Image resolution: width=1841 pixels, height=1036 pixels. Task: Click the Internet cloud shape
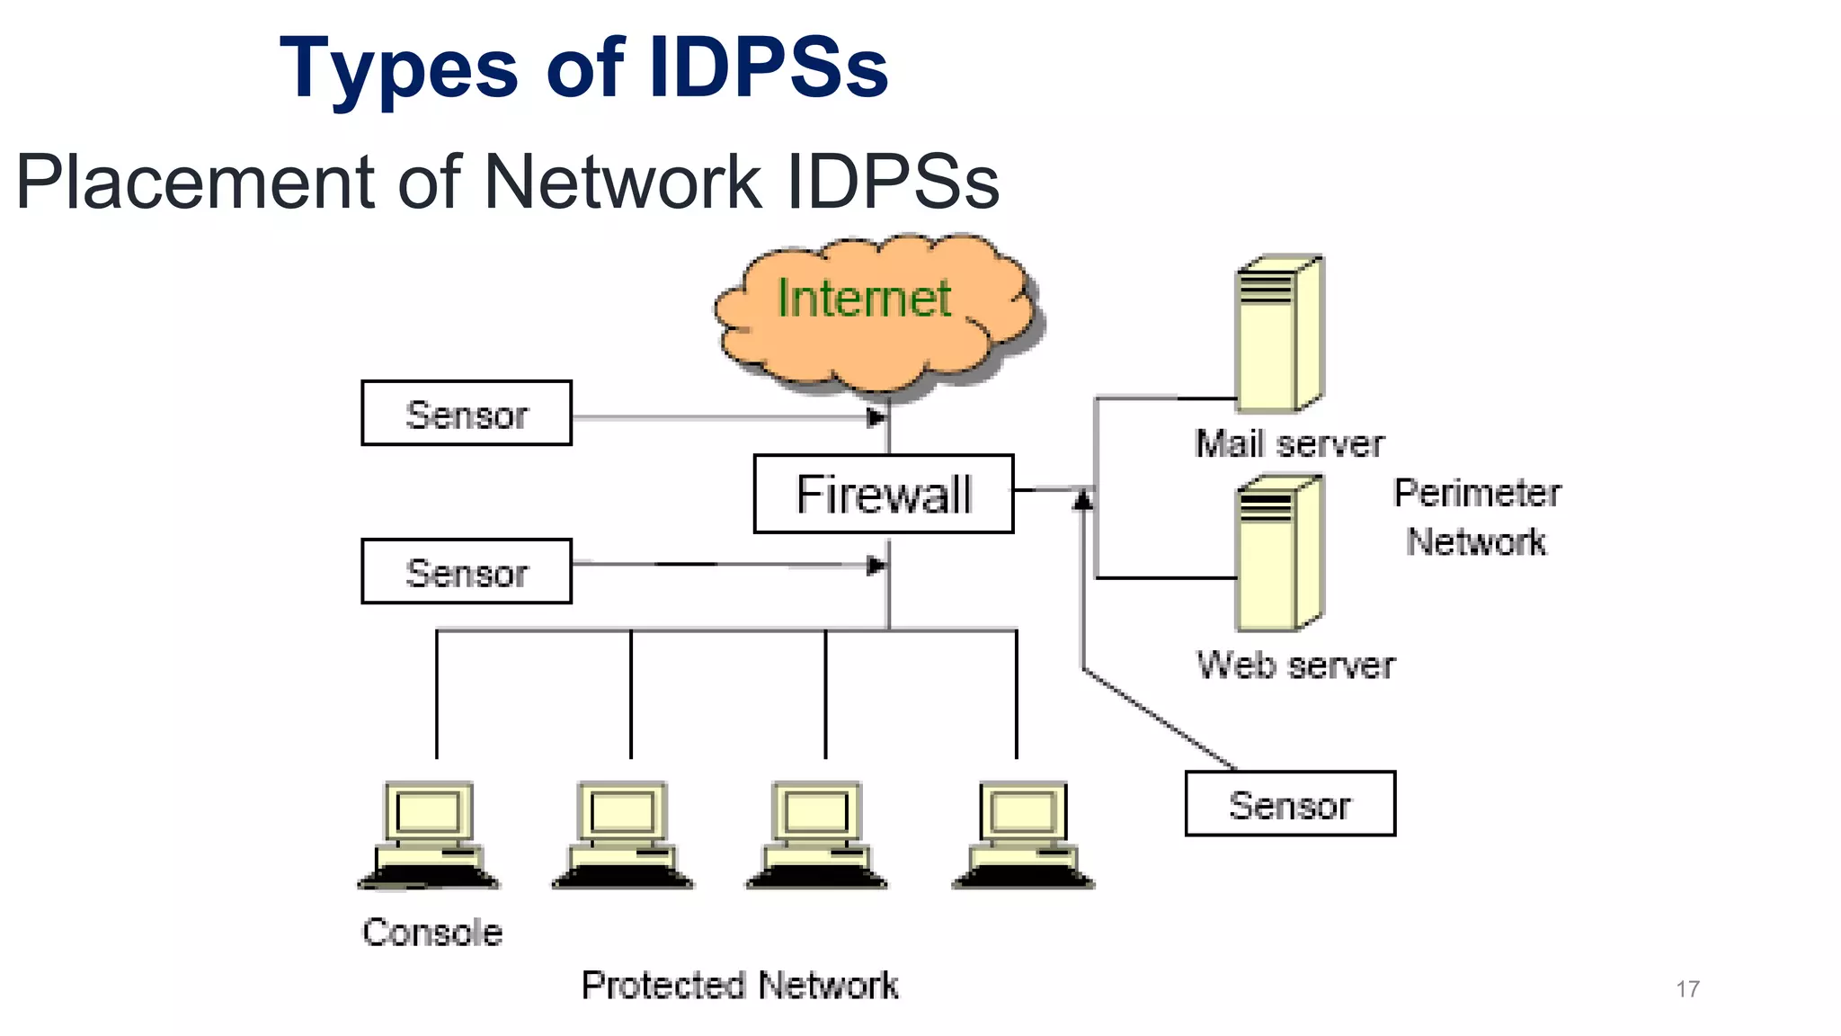click(876, 310)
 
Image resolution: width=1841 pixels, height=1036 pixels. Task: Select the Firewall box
click(884, 494)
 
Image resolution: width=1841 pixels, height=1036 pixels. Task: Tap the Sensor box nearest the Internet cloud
click(467, 413)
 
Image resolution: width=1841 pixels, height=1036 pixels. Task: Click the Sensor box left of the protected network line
click(467, 571)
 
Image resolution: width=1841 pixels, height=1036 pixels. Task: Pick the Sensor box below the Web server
click(1290, 803)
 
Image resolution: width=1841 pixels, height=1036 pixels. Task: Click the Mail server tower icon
click(1279, 334)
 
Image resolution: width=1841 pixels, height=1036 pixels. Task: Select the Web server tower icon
click(1279, 554)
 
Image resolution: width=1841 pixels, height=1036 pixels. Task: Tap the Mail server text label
click(1289, 443)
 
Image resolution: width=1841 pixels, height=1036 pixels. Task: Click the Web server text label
click(1295, 665)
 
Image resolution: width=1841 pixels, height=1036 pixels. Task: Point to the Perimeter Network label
click(1477, 517)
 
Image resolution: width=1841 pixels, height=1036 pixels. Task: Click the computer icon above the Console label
click(429, 835)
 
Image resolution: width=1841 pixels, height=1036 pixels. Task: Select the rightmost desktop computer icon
click(1023, 835)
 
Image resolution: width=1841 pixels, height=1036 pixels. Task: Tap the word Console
click(432, 933)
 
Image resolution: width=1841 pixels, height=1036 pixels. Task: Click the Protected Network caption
click(739, 986)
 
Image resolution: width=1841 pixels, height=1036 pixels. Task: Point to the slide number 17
click(1687, 989)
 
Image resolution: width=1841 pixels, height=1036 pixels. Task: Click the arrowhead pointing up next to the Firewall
click(1083, 498)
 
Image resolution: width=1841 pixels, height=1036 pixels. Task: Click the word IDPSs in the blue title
click(768, 68)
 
